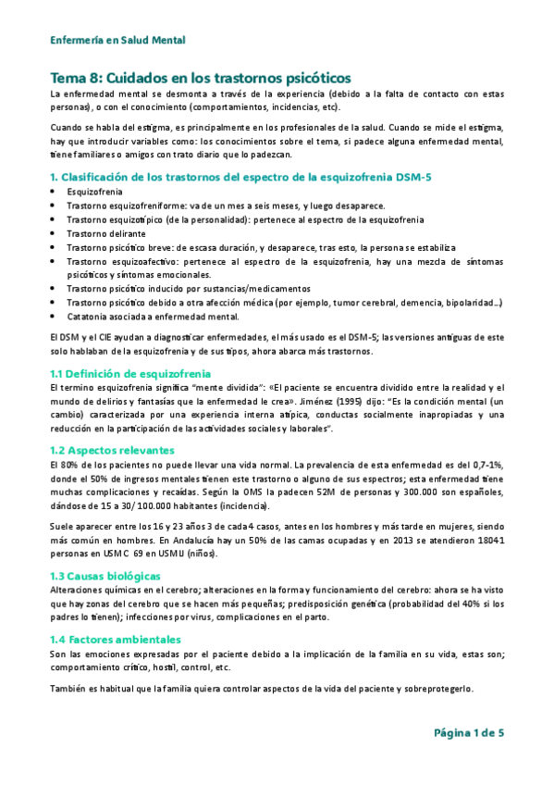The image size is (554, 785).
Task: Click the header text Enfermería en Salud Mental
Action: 117,40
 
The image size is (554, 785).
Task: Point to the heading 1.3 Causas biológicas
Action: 105,576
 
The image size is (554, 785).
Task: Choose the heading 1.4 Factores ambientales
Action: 115,640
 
